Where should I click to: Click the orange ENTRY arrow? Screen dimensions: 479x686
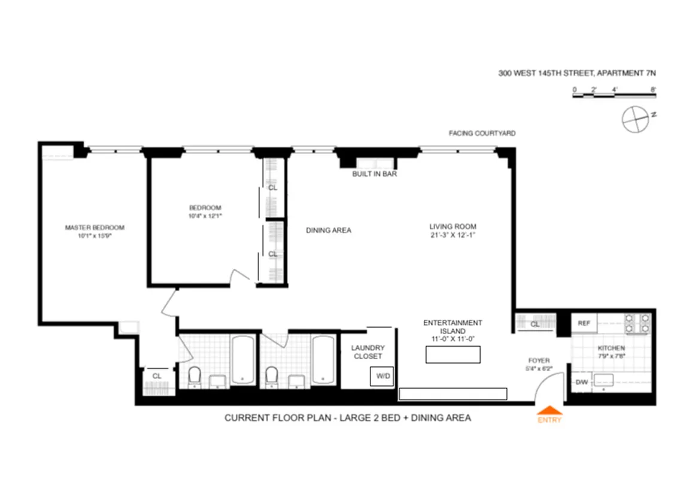pos(550,411)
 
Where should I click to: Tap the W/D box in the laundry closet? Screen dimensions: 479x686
pos(381,377)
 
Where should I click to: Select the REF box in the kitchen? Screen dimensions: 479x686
pos(584,323)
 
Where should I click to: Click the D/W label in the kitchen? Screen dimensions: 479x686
pos(581,381)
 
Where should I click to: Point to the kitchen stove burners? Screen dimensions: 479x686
pos(638,323)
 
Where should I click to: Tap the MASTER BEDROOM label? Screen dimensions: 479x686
pos(95,228)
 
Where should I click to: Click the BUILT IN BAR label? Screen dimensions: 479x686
pos(375,174)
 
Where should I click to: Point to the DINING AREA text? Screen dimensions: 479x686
pos(328,230)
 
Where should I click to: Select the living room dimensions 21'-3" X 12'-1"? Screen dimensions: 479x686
pos(453,235)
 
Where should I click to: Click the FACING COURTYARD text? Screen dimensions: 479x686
pos(482,134)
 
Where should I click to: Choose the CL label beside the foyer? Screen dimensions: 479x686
pos(535,324)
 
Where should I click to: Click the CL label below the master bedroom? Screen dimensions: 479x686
pos(157,376)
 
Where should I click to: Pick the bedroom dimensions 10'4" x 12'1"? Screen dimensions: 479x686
pos(205,216)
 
